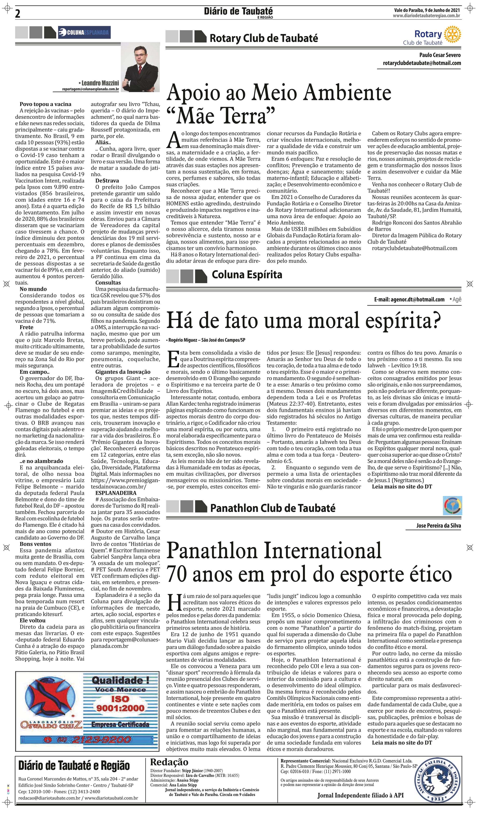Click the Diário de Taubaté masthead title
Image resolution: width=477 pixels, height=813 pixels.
click(238, 12)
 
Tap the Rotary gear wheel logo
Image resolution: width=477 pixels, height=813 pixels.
click(453, 34)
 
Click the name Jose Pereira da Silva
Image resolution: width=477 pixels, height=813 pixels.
click(438, 526)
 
